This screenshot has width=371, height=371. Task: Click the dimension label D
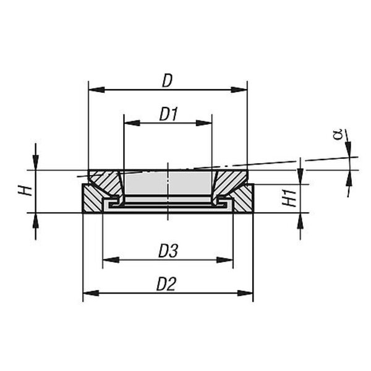(x=168, y=81)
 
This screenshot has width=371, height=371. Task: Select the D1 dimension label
(x=168, y=114)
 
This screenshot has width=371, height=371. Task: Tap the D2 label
(x=166, y=284)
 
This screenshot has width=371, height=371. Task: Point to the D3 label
(x=168, y=251)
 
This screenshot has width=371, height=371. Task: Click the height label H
(x=25, y=191)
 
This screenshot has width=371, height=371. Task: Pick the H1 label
(x=289, y=198)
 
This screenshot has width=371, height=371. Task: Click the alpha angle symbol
(x=338, y=134)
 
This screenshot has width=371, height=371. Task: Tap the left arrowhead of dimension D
(x=96, y=90)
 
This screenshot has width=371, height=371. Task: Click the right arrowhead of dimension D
(x=239, y=90)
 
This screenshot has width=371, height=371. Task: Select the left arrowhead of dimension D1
(x=132, y=123)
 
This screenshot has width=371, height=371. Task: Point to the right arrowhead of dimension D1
(x=203, y=123)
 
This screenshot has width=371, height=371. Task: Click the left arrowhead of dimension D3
(x=111, y=260)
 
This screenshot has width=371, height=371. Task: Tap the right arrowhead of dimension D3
(x=225, y=260)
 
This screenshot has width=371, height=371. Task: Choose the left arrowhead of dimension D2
(x=91, y=293)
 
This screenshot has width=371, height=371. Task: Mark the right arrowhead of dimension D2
(x=245, y=293)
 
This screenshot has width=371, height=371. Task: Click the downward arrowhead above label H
(x=35, y=162)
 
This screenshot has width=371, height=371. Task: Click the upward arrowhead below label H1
(x=301, y=221)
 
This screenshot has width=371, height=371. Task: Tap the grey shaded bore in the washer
(x=168, y=184)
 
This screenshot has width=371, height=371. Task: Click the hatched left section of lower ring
(x=92, y=198)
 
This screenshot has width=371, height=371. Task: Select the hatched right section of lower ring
(x=244, y=198)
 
